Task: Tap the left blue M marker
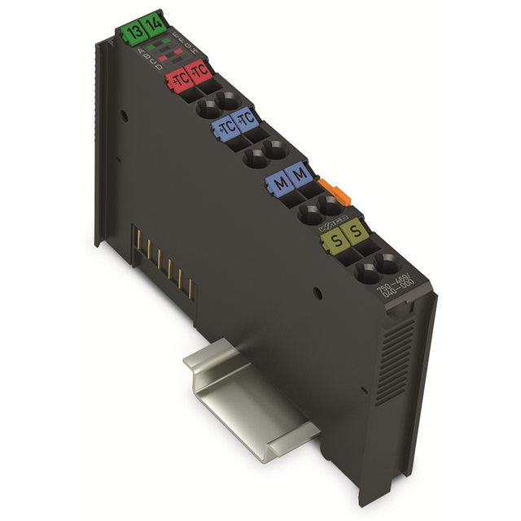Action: (x=279, y=182)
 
